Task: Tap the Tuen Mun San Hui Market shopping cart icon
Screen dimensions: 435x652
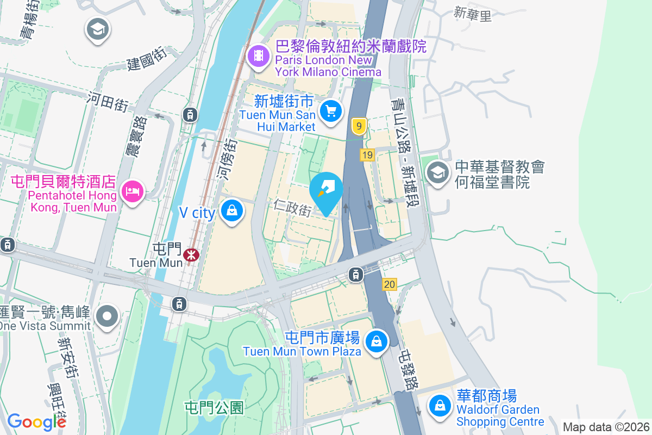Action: click(x=330, y=111)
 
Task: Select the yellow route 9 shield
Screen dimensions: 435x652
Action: click(x=358, y=127)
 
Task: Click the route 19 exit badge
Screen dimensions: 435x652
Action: click(x=367, y=156)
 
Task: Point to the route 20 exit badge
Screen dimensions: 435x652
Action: click(x=389, y=284)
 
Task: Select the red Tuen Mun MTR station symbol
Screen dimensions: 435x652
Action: click(x=191, y=254)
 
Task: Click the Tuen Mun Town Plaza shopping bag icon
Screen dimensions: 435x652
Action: click(x=376, y=341)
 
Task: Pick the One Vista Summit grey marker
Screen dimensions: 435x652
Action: click(x=107, y=315)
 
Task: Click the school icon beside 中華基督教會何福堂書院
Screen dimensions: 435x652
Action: click(x=438, y=172)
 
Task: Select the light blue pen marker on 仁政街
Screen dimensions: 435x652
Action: click(x=327, y=190)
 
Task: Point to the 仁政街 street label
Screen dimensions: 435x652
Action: click(x=292, y=207)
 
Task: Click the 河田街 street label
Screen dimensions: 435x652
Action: click(x=108, y=101)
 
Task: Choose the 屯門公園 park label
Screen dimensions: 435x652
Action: click(x=214, y=407)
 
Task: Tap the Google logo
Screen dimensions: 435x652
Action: click(x=36, y=422)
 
